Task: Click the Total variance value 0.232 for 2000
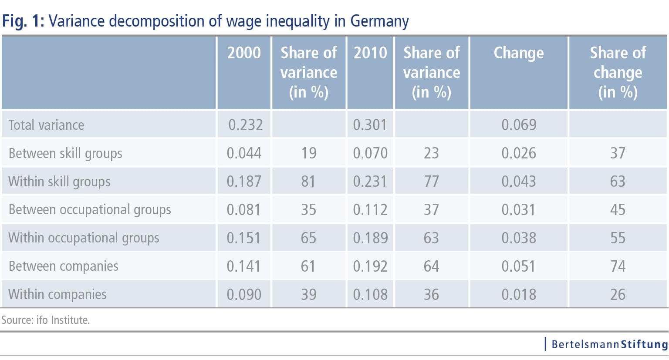click(245, 125)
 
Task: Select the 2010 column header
click(370, 53)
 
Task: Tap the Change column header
click(518, 53)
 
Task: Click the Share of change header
click(618, 72)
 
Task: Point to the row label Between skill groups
click(65, 153)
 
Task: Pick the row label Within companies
click(57, 294)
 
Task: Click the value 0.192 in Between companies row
click(370, 266)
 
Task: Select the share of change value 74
click(618, 266)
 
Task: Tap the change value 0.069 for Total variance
click(518, 125)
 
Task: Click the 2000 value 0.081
click(243, 209)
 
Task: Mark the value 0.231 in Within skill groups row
click(370, 181)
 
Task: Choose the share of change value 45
click(618, 209)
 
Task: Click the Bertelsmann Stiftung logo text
click(609, 344)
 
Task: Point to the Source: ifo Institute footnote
click(45, 320)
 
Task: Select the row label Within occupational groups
click(84, 238)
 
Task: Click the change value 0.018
click(518, 294)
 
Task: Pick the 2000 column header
click(244, 53)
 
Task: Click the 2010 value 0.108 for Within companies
click(370, 294)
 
